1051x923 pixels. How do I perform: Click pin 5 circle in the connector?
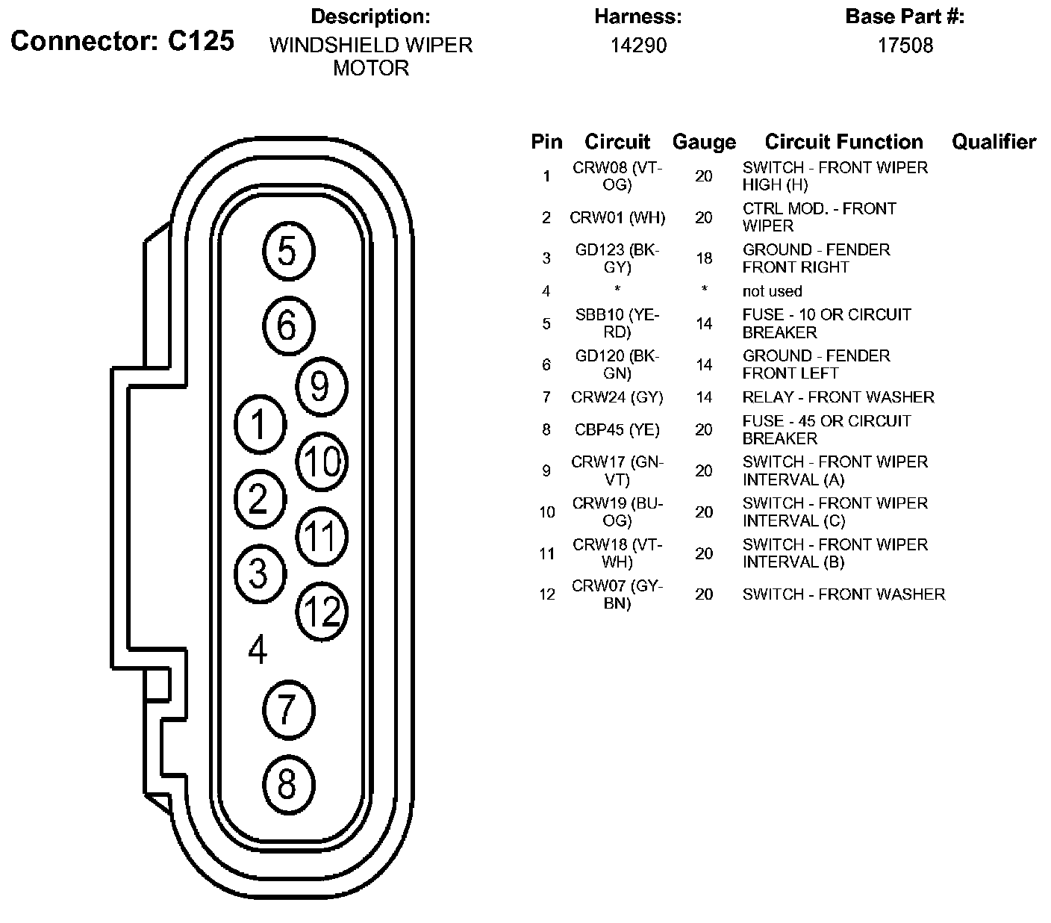pos(288,252)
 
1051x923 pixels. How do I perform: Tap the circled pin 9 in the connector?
pos(321,386)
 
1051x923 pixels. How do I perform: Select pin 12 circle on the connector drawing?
pos(322,612)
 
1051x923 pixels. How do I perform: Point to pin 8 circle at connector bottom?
pos(288,784)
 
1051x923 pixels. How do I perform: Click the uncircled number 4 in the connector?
pos(258,650)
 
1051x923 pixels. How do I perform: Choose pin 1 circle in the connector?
pos(260,425)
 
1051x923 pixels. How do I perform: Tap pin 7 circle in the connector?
pos(288,709)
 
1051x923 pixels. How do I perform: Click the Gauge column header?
pos(703,142)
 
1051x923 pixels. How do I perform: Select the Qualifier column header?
pos(994,142)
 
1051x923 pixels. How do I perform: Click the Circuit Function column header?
pos(843,142)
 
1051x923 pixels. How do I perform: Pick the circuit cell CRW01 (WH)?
pos(617,217)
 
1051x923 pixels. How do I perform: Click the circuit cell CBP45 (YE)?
pos(617,429)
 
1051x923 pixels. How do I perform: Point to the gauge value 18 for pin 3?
pos(703,258)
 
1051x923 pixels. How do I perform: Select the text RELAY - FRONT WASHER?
pos(838,397)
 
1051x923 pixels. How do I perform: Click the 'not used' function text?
pos(772,291)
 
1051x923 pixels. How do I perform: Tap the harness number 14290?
pos(638,46)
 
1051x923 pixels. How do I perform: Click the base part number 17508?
pos(905,46)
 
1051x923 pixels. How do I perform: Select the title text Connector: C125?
pos(122,42)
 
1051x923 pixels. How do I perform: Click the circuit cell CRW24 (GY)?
pos(617,397)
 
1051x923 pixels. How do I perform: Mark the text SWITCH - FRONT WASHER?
pos(843,594)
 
